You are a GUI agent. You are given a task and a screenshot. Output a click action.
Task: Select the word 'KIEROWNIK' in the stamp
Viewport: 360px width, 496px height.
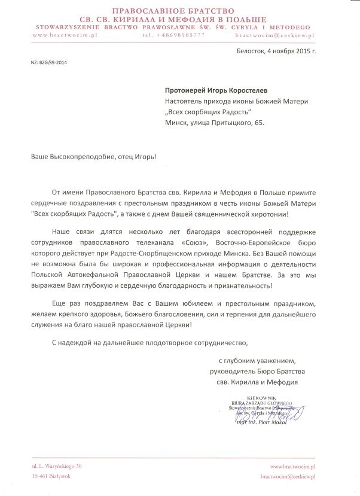coord(268,398)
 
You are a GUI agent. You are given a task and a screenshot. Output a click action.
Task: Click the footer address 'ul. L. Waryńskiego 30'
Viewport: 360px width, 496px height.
coord(57,465)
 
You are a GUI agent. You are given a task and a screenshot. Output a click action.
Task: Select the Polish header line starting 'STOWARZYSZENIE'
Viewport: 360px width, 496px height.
coord(180,27)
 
